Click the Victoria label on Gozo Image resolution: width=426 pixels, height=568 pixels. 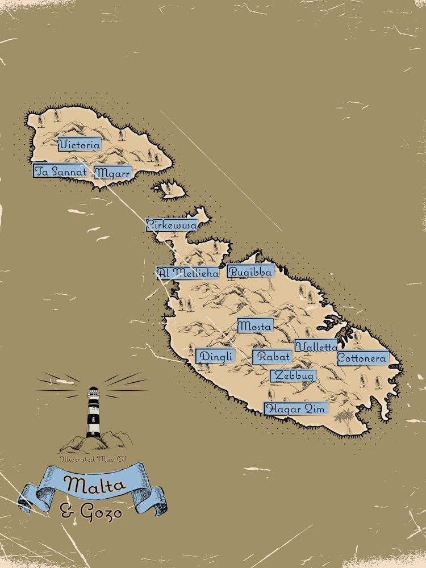(80, 144)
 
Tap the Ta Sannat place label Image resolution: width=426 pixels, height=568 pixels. (60, 171)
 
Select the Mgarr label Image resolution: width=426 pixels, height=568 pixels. (112, 172)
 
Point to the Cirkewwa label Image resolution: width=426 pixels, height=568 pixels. (172, 225)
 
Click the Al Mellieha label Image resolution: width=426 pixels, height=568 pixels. (187, 273)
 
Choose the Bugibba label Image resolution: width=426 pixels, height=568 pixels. (250, 271)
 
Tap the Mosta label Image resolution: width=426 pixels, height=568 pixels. (254, 325)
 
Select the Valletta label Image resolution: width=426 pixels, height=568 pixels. (316, 346)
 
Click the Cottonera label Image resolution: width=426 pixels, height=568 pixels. (362, 358)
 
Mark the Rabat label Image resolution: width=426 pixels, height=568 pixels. (272, 357)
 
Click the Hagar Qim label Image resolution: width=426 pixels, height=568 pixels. (296, 408)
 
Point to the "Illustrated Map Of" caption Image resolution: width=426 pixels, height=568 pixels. (91, 458)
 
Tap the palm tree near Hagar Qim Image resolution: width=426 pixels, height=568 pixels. (341, 417)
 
